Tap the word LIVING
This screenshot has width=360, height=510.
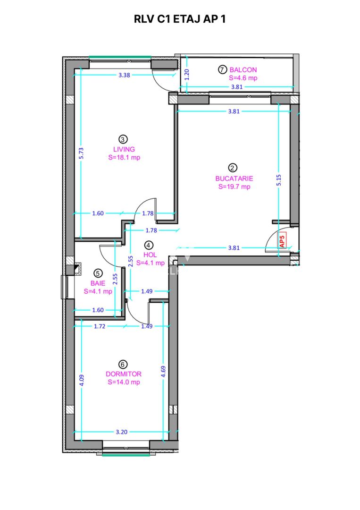(123, 149)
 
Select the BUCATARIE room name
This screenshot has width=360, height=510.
(234, 178)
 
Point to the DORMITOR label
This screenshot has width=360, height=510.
(123, 374)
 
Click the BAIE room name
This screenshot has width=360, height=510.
(98, 283)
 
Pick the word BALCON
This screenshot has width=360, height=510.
(243, 70)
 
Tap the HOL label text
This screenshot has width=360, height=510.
(150, 255)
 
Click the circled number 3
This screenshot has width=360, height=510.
(123, 139)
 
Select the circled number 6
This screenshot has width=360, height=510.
(123, 364)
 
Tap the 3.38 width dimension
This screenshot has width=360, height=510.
(124, 75)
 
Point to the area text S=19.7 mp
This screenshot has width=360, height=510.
(234, 187)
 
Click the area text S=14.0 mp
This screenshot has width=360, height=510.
(123, 382)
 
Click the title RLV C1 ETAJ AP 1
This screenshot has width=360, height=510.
(180, 19)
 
